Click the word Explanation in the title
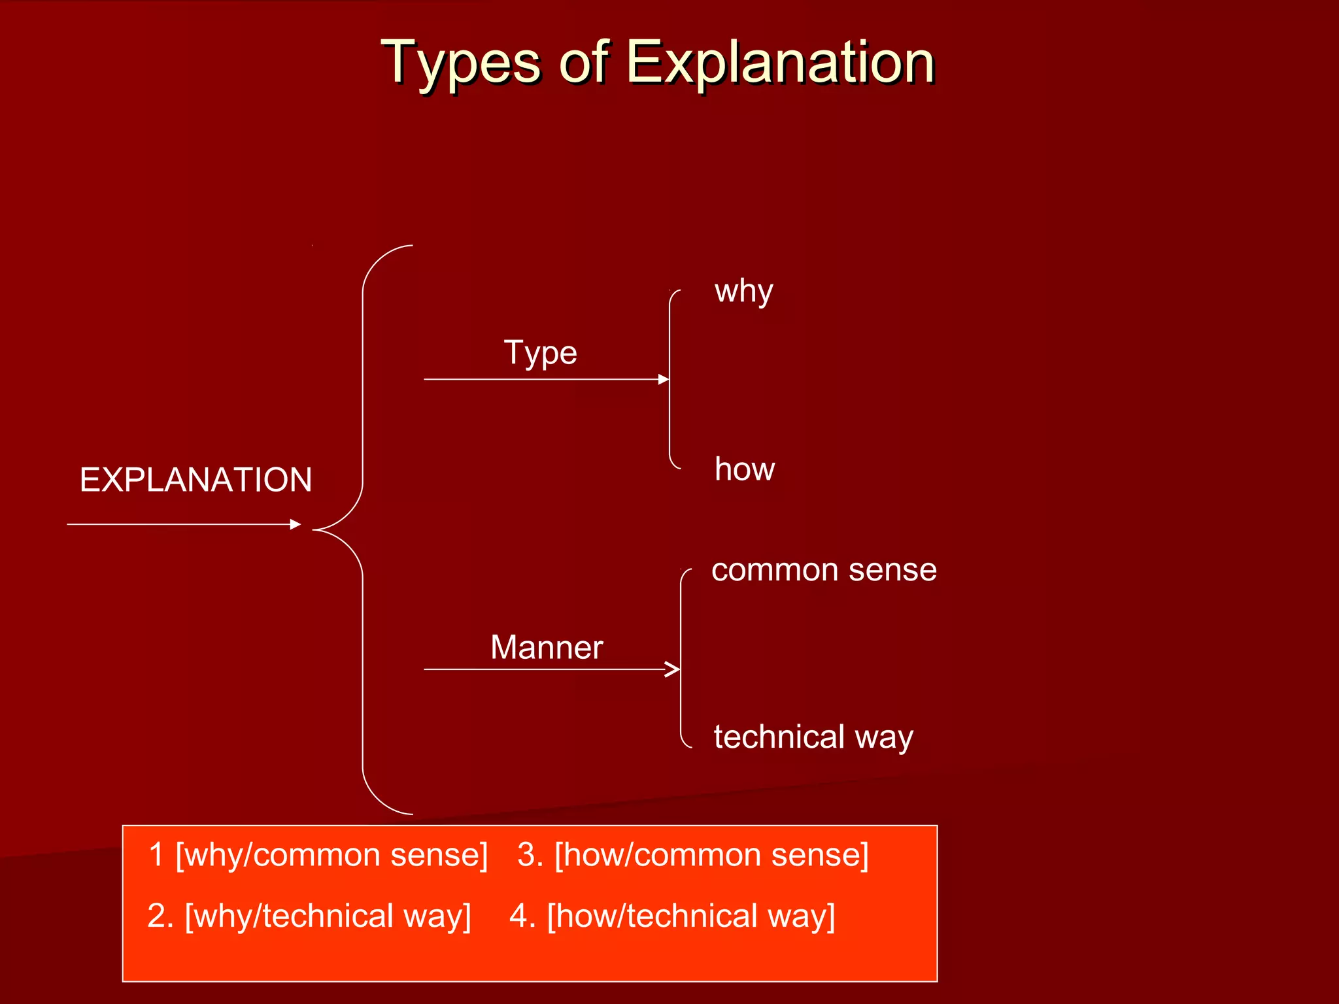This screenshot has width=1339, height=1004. pos(781,63)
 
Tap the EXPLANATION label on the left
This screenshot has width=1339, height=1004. pos(195,480)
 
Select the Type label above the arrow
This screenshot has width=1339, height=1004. pos(540,353)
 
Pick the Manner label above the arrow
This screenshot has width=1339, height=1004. pos(547,648)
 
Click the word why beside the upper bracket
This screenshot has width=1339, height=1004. pos(743,292)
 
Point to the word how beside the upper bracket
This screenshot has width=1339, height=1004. pos(745,469)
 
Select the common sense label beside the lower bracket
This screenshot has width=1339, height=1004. pos(824,570)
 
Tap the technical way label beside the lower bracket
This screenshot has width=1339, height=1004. pos(813,737)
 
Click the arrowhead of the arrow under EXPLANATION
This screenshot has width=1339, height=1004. pos(296,524)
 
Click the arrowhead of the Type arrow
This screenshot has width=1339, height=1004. pos(664,379)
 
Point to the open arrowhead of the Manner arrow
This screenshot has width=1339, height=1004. pos(673,669)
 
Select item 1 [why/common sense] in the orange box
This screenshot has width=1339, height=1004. pos(318,855)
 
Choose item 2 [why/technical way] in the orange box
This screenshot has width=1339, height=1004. pos(309,916)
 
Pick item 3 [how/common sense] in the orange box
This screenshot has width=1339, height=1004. pos(693,855)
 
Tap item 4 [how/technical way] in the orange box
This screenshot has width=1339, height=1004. pos(672,916)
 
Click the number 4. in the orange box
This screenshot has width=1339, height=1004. pos(522,916)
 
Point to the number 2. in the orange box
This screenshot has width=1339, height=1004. pos(160,916)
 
